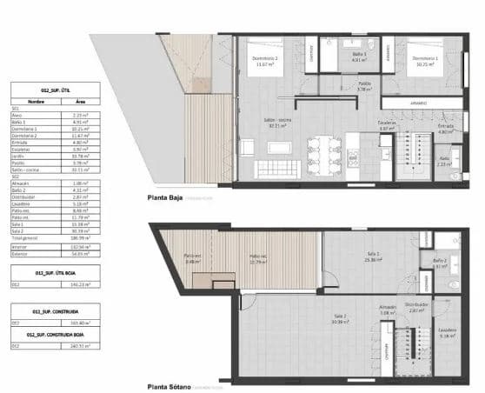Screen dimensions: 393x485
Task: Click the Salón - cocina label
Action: pos(278,123)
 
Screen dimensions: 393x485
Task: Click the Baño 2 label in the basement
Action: pos(440,263)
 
